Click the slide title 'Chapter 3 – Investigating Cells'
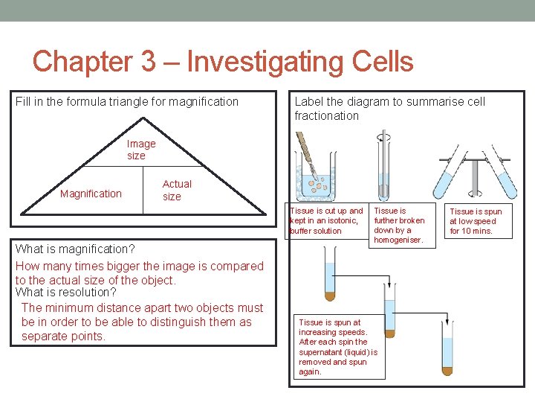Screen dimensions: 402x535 point(223,61)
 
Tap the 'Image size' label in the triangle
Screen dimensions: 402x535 point(141,150)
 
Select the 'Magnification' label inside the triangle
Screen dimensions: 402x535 point(91,194)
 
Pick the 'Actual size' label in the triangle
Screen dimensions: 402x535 point(177,190)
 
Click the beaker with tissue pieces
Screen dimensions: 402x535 point(316,175)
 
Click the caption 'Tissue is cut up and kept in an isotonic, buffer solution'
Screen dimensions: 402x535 point(326,220)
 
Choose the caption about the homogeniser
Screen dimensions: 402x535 point(399,225)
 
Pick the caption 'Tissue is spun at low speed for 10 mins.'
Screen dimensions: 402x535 point(476,221)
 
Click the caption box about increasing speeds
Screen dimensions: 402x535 point(338,347)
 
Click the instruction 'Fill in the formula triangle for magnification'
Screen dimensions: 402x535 point(127,101)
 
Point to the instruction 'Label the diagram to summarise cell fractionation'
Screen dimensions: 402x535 point(389,108)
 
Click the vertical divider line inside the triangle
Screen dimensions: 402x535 point(143,190)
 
